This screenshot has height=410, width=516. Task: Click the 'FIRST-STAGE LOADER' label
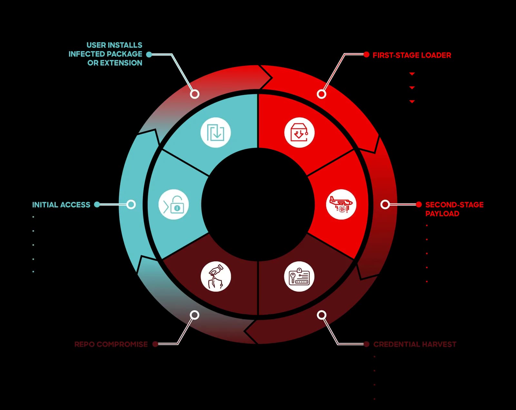tap(412, 55)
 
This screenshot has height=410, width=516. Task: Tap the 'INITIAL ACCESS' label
tap(61, 205)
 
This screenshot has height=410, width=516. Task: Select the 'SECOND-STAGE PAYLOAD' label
tap(454, 209)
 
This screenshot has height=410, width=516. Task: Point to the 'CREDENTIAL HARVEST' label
tap(415, 344)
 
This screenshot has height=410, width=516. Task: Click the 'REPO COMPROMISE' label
tap(111, 344)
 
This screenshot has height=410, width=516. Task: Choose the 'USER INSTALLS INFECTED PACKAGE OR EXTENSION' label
tap(105, 54)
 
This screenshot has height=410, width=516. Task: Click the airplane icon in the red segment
tap(341, 204)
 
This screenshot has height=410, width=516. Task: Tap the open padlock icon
tap(174, 205)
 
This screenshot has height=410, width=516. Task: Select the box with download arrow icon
tap(299, 132)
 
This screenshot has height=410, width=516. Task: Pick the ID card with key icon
tap(299, 277)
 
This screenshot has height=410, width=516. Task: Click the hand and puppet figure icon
tap(216, 277)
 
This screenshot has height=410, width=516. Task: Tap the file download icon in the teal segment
tap(215, 132)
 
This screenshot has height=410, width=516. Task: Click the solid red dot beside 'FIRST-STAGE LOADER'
tap(366, 55)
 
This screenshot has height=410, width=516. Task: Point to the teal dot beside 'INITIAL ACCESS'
tap(97, 205)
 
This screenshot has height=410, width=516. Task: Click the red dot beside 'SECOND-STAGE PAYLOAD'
tap(419, 205)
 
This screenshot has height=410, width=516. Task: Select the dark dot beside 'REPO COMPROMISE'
tap(155, 344)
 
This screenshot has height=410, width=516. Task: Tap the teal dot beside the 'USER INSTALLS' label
tap(149, 55)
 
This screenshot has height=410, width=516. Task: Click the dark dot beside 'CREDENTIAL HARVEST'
tap(366, 344)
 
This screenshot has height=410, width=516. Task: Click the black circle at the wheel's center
tap(258, 205)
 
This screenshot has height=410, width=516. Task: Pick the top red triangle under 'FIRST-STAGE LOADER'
tap(412, 74)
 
